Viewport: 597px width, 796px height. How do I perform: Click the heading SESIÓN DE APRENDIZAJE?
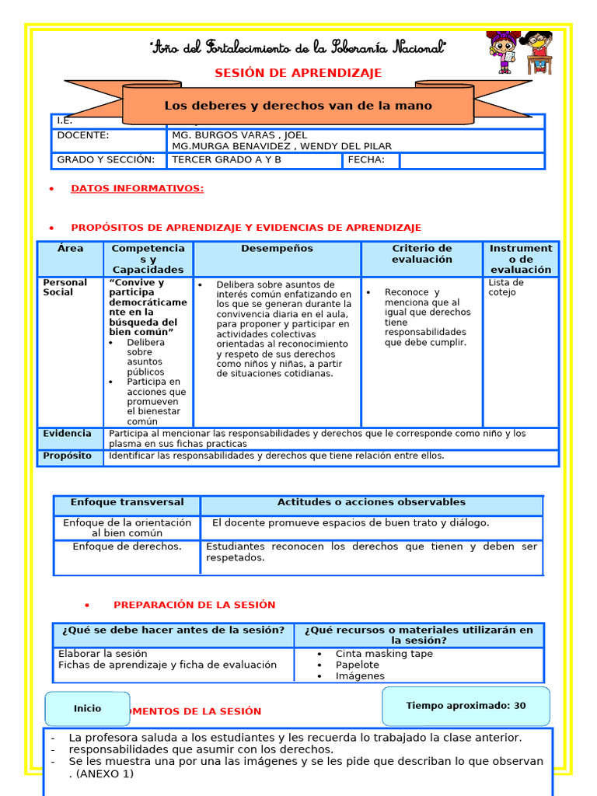(x=298, y=73)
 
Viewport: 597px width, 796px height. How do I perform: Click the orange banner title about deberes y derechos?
(x=298, y=106)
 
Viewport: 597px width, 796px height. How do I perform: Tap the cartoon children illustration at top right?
(x=519, y=53)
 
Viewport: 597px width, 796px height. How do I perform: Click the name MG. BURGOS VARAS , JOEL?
(x=239, y=135)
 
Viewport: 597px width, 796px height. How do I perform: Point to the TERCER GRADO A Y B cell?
(x=226, y=160)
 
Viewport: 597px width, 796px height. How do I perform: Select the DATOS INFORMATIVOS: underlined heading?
(x=137, y=188)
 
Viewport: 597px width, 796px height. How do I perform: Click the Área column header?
(x=70, y=249)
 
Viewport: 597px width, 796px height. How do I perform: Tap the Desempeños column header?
(x=277, y=249)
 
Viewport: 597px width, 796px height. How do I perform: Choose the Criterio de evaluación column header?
(x=421, y=253)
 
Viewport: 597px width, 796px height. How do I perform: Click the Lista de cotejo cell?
(x=506, y=288)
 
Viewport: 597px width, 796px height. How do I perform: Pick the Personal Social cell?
(x=65, y=288)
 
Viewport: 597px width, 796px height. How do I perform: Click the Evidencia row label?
(x=67, y=434)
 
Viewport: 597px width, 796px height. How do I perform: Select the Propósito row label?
(x=67, y=456)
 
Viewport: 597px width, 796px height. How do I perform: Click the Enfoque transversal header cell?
(x=127, y=502)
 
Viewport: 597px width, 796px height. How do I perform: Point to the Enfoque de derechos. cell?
(x=127, y=546)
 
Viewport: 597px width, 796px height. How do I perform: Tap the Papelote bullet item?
(x=357, y=665)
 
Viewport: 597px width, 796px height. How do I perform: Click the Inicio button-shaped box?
(x=87, y=708)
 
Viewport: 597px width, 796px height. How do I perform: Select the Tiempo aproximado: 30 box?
(x=466, y=706)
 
